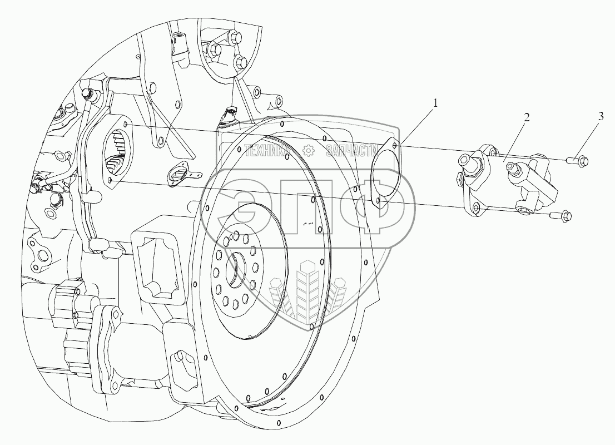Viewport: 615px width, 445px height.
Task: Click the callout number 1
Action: click(x=435, y=103)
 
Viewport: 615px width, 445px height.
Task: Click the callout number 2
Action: click(x=527, y=117)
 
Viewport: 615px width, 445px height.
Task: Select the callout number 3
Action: click(x=601, y=116)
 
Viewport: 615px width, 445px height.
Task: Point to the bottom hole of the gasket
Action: click(x=378, y=201)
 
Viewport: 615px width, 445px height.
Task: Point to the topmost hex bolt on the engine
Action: click(x=235, y=38)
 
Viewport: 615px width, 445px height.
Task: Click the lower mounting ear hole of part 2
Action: click(x=475, y=208)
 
